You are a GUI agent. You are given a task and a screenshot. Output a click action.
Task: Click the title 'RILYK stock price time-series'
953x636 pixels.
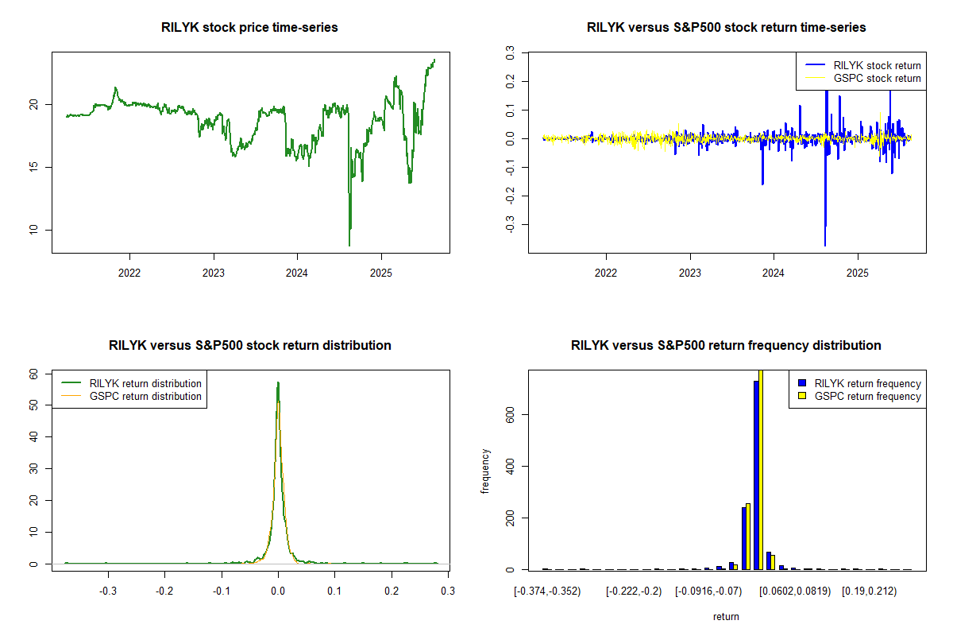pos(250,28)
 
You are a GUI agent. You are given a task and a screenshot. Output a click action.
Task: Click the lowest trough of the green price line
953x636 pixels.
pos(349,244)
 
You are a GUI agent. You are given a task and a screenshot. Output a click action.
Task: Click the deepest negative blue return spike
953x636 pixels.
pos(825,245)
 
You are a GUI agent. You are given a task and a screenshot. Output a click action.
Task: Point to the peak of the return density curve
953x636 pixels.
pos(278,383)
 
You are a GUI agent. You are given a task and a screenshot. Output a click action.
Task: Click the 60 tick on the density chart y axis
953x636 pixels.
pos(33,373)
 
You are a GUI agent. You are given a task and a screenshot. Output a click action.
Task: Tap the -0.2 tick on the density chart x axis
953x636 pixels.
pos(164,591)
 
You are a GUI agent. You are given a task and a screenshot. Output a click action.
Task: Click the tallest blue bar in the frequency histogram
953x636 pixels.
pos(756,475)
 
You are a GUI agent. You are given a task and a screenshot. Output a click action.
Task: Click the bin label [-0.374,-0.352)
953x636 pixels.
pos(547,591)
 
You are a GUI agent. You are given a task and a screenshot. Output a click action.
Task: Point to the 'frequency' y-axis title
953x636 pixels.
pos(485,471)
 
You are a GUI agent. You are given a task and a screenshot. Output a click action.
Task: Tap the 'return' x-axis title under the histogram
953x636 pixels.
pos(726,616)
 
